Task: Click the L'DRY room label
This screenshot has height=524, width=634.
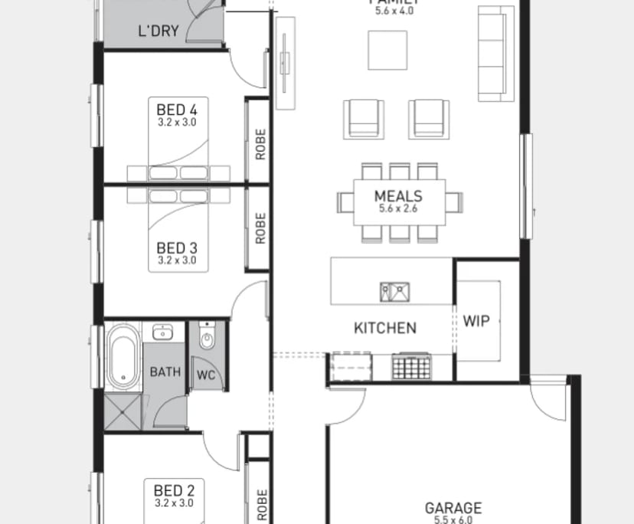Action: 158,31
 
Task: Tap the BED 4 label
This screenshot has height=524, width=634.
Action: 177,110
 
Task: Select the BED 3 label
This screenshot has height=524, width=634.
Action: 177,248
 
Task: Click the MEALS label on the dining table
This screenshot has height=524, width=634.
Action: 398,196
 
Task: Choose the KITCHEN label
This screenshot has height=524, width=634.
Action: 385,328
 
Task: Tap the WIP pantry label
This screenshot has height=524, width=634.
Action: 475,321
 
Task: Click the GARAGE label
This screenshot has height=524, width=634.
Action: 453,508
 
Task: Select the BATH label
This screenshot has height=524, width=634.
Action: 165,372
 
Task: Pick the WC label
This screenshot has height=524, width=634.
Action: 205,375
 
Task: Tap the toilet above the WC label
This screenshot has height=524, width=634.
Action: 207,338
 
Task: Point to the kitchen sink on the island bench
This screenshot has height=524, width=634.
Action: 394,292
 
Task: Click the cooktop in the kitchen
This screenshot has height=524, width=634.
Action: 411,367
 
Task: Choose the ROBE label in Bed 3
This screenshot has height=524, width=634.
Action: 260,228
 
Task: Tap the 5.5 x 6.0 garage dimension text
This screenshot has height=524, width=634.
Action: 453,519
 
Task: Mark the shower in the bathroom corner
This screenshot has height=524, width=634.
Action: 123,412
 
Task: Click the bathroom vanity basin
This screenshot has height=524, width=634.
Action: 162,332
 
